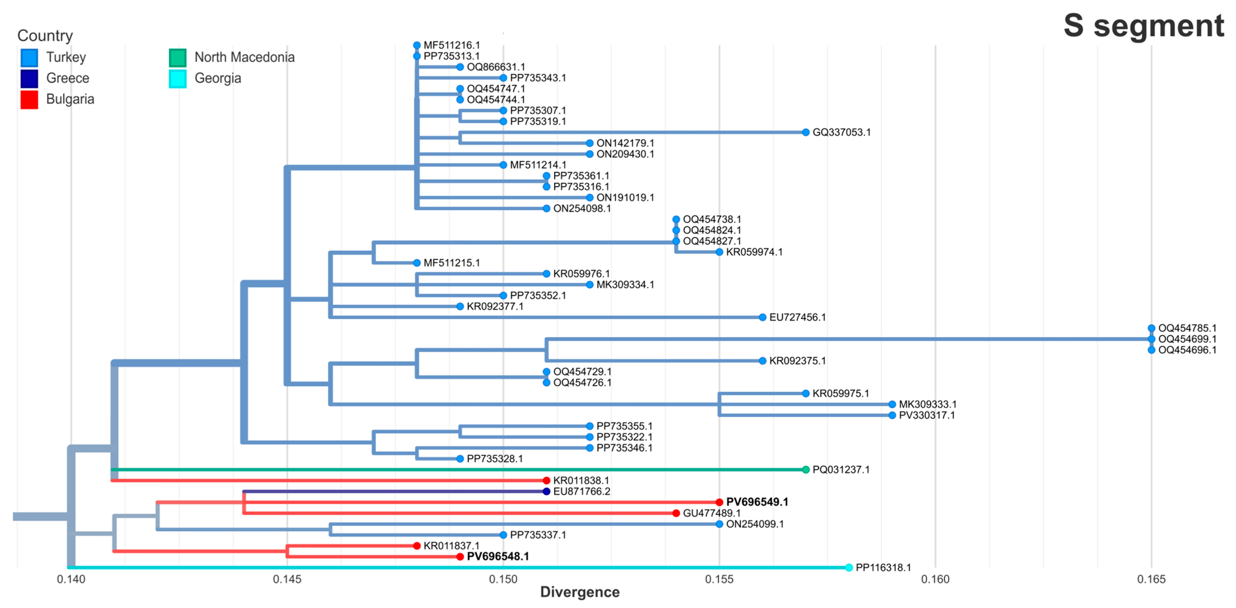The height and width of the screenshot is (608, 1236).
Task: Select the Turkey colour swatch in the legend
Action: [29, 58]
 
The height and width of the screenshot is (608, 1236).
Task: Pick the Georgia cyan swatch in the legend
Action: [178, 79]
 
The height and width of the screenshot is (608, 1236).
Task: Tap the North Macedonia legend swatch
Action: [178, 58]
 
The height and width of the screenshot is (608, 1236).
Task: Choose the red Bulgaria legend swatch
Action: [29, 99]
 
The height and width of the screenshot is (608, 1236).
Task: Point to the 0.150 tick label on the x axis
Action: [503, 579]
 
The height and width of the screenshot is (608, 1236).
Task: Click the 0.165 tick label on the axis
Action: [1151, 579]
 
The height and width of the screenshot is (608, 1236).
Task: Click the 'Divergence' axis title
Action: [580, 592]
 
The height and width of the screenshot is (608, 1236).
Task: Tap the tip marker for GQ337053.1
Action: [806, 132]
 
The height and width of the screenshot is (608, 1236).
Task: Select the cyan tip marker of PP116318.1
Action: [849, 568]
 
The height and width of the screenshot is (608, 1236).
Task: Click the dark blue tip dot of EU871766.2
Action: [546, 491]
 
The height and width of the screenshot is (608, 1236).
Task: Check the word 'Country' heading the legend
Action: [45, 36]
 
